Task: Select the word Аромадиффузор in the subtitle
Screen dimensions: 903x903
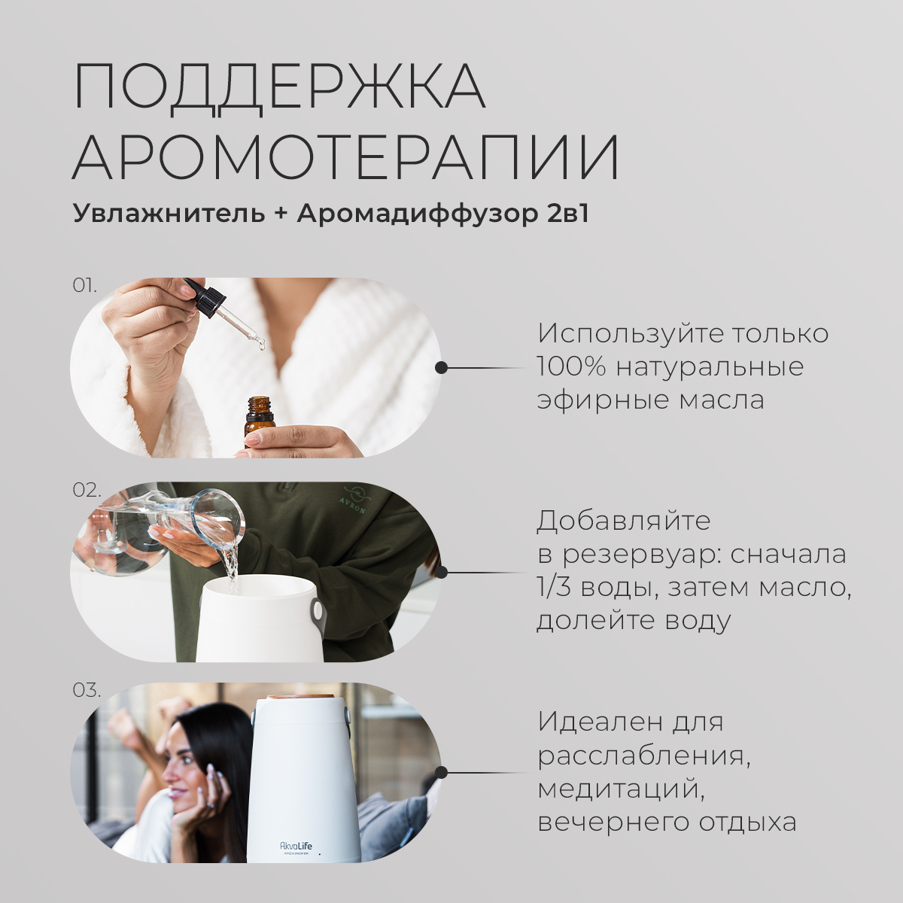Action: point(418,214)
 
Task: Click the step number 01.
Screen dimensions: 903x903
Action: point(84,285)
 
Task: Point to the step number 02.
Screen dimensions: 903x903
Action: point(87,490)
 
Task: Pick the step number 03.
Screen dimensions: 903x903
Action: point(87,690)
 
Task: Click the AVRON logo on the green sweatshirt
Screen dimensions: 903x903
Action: point(354,499)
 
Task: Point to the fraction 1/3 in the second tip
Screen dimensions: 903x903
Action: point(554,588)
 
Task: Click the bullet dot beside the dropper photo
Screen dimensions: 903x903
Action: point(441,368)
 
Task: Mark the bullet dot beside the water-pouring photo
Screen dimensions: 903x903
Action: point(441,572)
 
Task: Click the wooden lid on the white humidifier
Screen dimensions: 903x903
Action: point(300,698)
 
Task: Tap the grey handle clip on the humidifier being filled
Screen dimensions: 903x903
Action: point(318,610)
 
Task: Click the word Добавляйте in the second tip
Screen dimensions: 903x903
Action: point(623,521)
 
